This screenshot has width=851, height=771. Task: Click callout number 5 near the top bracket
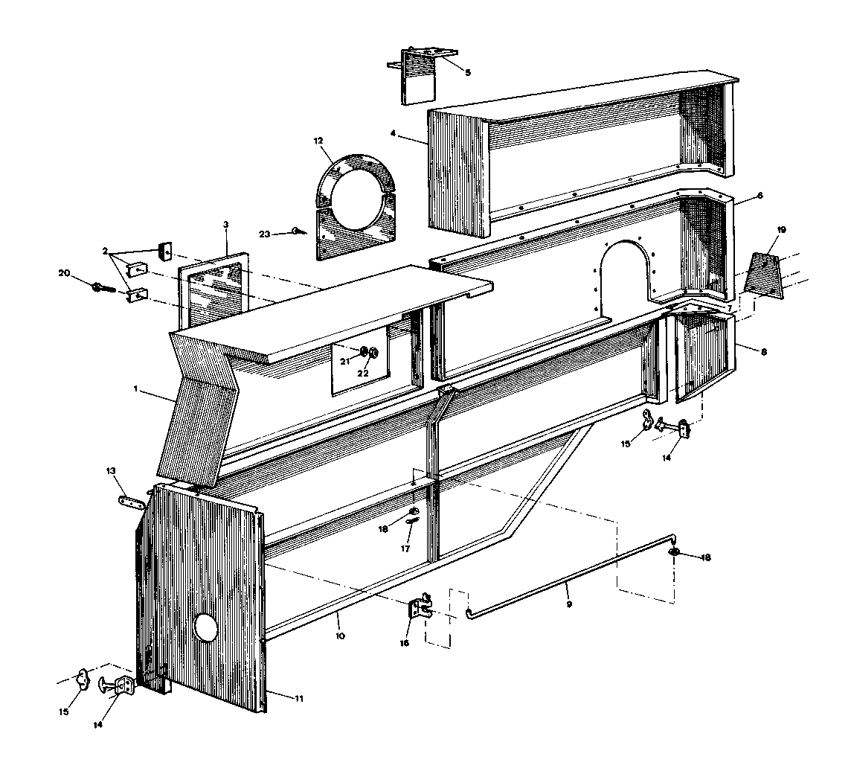(x=468, y=71)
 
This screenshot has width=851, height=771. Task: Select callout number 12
(x=318, y=141)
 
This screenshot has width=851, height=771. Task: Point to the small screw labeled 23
(x=299, y=231)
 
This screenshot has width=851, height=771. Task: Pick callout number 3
(x=226, y=224)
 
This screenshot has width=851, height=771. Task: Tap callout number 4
(x=393, y=132)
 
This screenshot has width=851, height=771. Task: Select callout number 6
(x=760, y=196)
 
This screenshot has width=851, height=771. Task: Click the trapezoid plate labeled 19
(x=765, y=276)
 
